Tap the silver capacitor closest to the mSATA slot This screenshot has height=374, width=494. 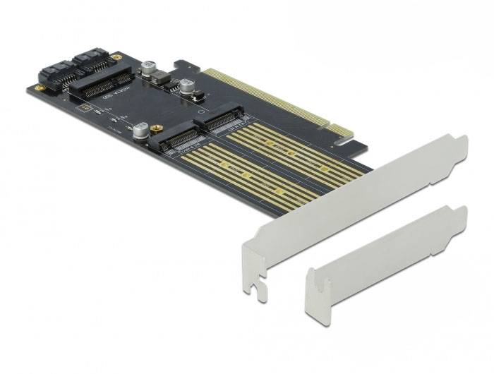[x=149, y=68]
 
